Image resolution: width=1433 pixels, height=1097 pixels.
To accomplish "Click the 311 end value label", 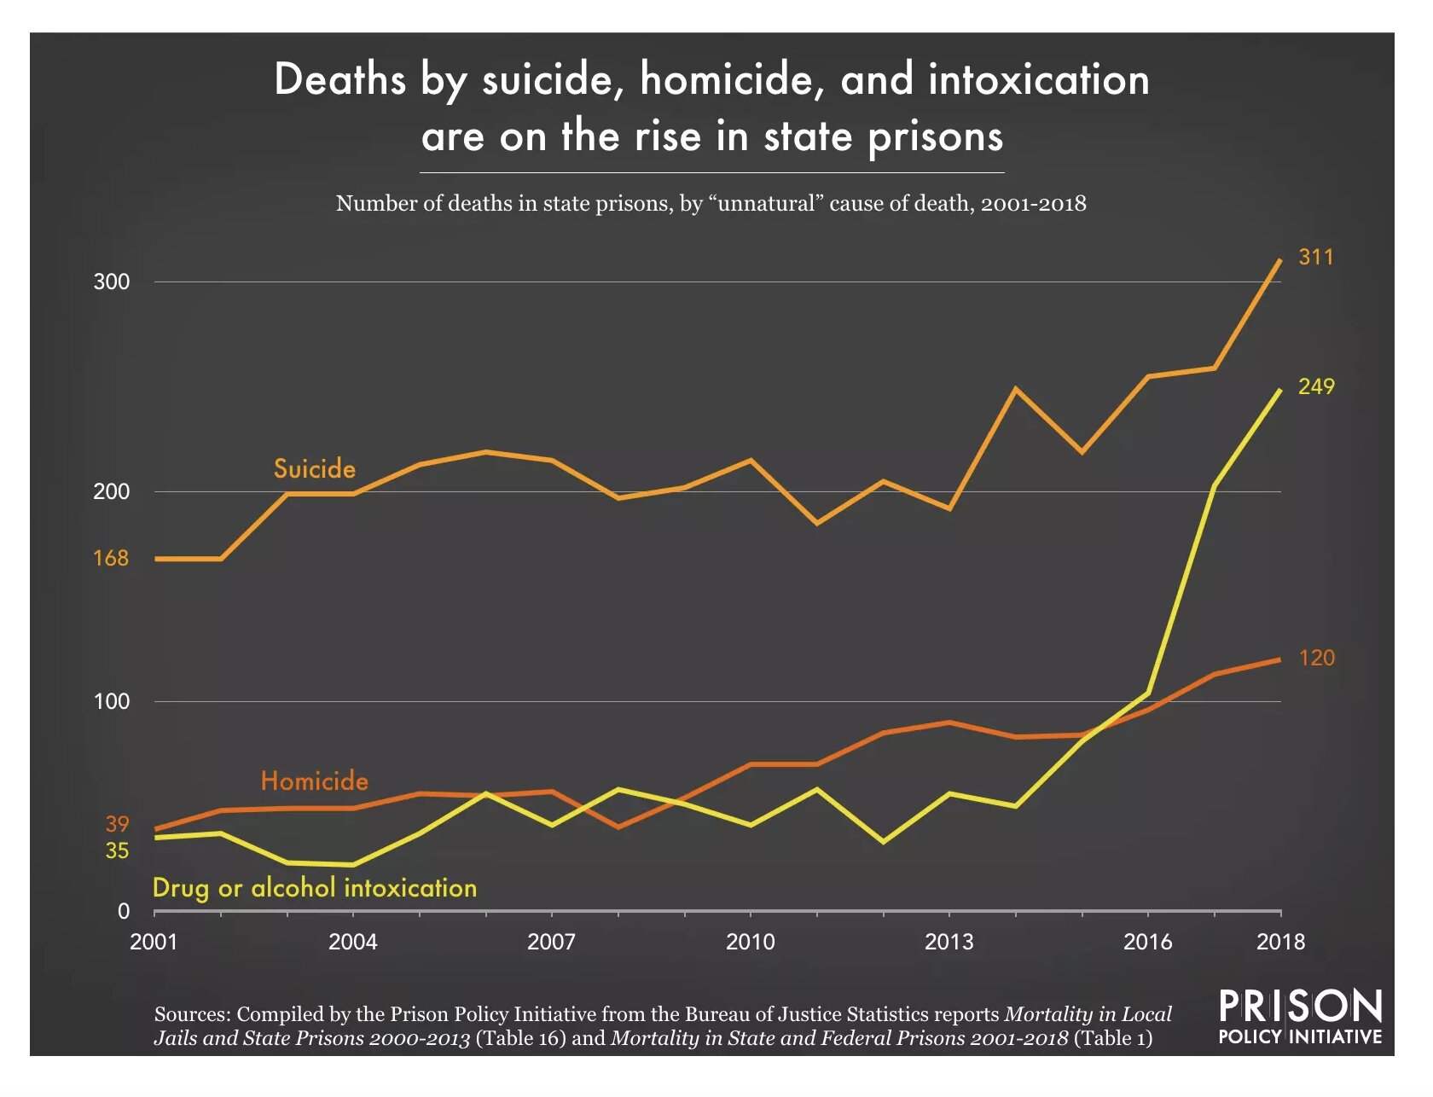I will coord(1315,257).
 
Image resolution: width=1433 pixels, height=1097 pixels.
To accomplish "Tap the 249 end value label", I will coord(1315,386).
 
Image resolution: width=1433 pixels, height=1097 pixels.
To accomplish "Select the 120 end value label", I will coord(1316,658).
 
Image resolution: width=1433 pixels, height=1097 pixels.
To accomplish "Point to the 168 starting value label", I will coord(111,558).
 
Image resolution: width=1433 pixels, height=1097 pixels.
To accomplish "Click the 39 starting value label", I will coord(117,824).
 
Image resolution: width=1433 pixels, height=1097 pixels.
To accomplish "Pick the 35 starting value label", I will coord(117,850).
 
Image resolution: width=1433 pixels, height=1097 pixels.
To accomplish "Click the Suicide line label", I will coord(314,468).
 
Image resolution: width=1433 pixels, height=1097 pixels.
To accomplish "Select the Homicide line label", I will coord(314,781).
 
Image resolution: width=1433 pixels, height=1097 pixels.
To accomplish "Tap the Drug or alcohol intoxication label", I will coord(314,888).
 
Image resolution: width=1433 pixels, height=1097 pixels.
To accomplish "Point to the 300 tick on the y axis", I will coord(112,282).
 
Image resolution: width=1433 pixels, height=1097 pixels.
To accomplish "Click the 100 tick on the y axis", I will coord(112,701).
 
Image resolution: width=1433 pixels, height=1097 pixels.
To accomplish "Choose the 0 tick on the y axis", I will coord(124,911).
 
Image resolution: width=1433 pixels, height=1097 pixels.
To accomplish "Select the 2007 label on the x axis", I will coord(551,942).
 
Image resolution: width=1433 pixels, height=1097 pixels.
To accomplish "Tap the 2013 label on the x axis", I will coord(949,942).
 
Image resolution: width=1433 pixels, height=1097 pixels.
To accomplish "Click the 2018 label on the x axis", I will coord(1280,942).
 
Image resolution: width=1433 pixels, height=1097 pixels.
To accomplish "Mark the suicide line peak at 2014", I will coord(1015,389).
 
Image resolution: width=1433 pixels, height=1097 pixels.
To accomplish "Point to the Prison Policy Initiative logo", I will coord(1299,1017).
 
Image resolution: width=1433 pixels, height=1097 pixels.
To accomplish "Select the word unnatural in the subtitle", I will coord(766,204).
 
